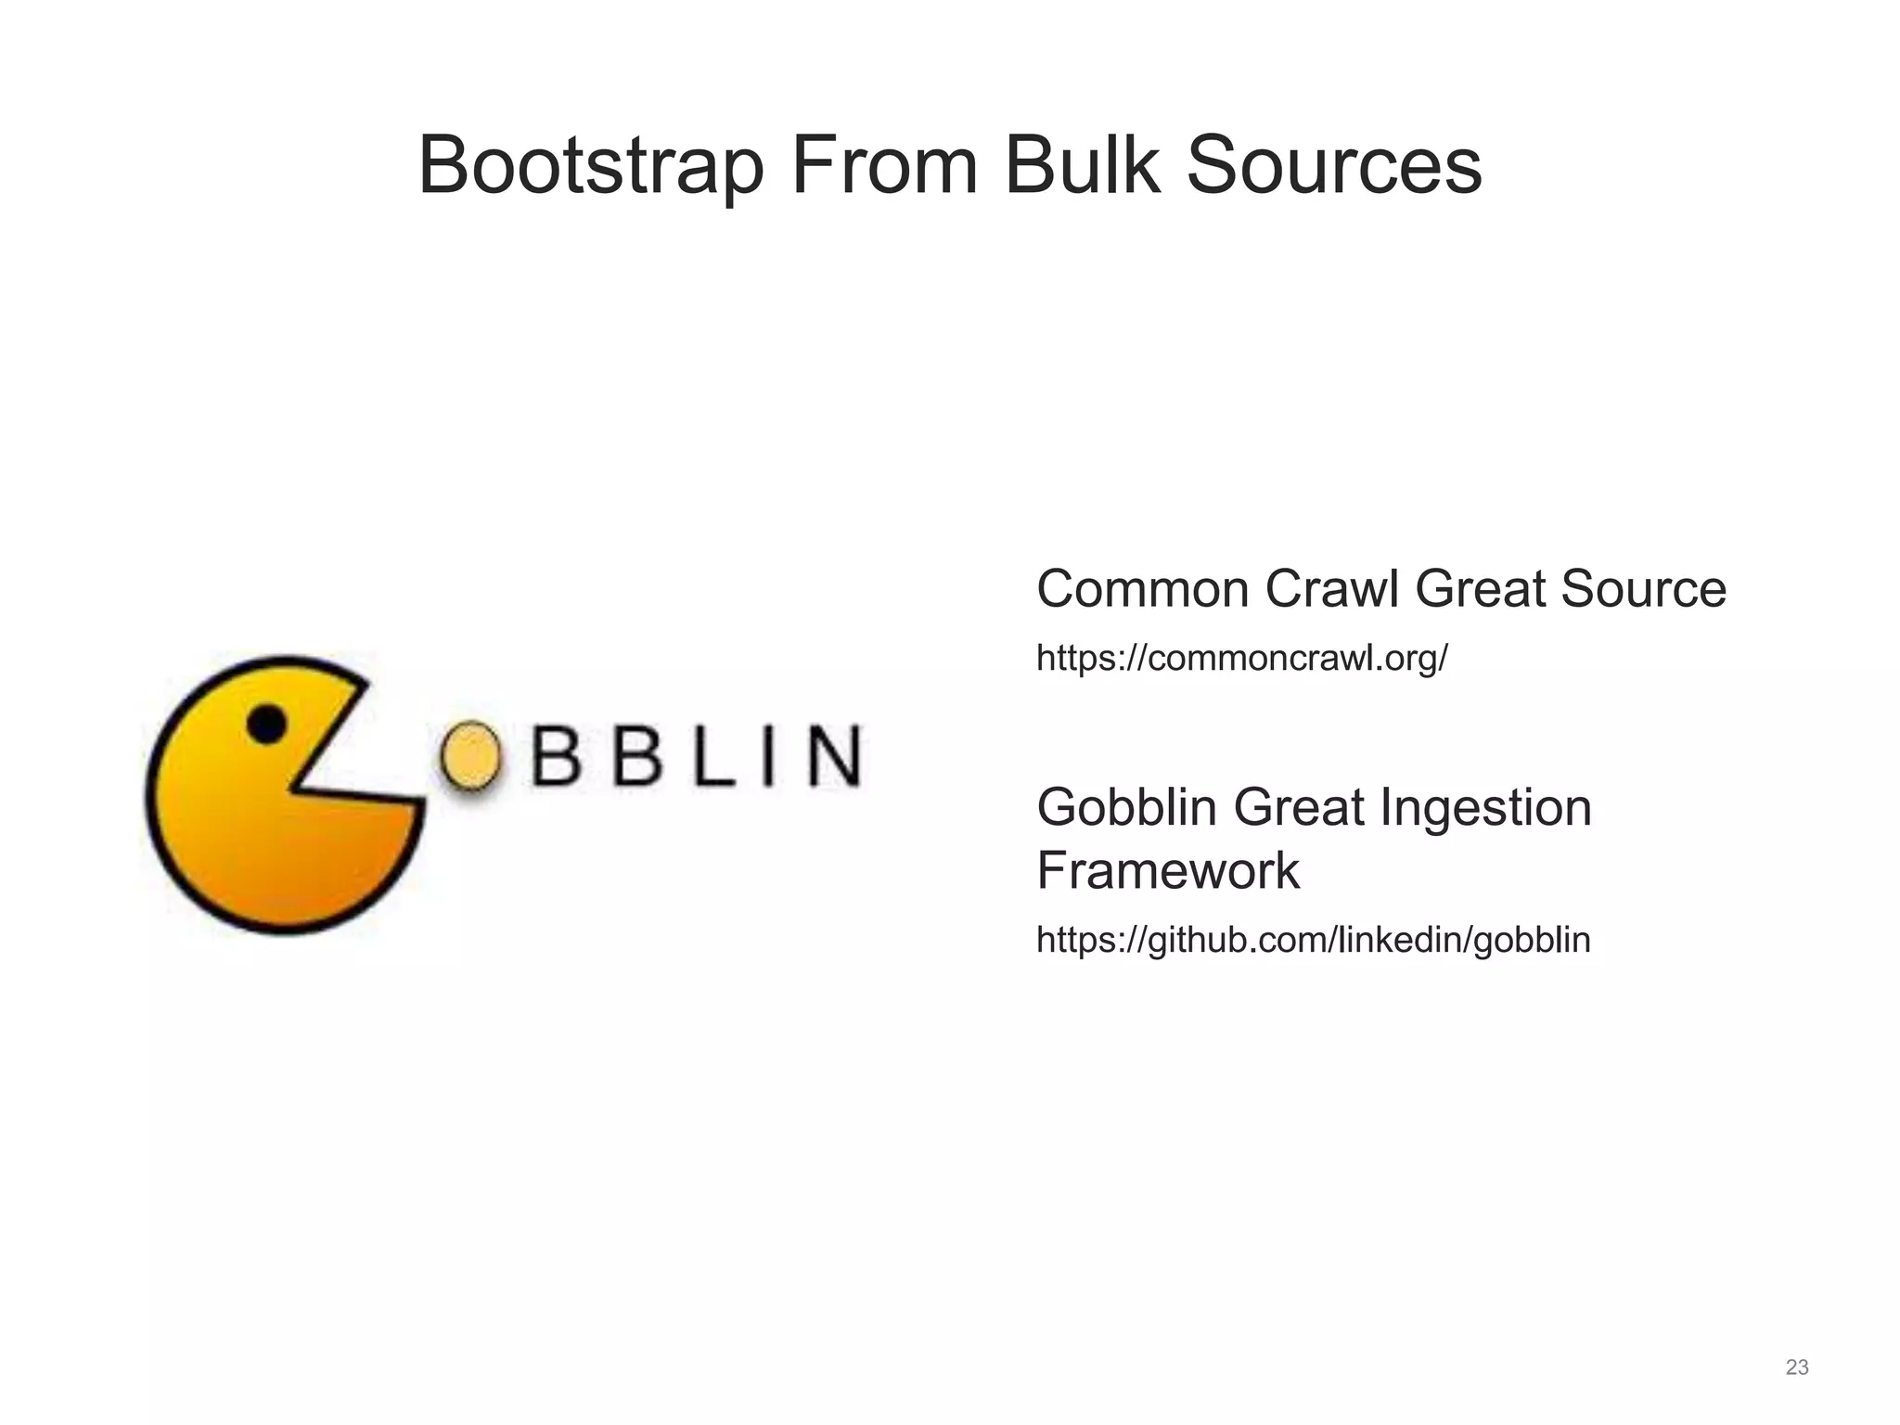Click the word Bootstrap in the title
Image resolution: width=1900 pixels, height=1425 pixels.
tap(591, 167)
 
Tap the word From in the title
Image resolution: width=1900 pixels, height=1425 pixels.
tap(884, 167)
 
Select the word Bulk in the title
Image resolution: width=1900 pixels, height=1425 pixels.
tap(1082, 167)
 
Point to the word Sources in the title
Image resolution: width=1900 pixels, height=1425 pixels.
tap(1333, 167)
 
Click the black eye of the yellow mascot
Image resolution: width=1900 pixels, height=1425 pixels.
tap(267, 724)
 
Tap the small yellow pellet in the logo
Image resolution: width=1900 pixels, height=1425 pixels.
tap(471, 756)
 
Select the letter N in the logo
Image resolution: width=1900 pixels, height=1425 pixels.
tap(832, 756)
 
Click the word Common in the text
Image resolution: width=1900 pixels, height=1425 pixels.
tap(1143, 589)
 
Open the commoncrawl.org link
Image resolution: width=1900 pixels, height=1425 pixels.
tap(1241, 659)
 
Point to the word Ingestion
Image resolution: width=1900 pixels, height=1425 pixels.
tap(1485, 809)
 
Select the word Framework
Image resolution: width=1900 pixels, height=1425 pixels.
tap(1167, 870)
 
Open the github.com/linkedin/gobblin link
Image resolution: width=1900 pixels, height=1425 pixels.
tap(1313, 940)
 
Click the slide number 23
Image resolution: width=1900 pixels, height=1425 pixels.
tap(1797, 1367)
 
